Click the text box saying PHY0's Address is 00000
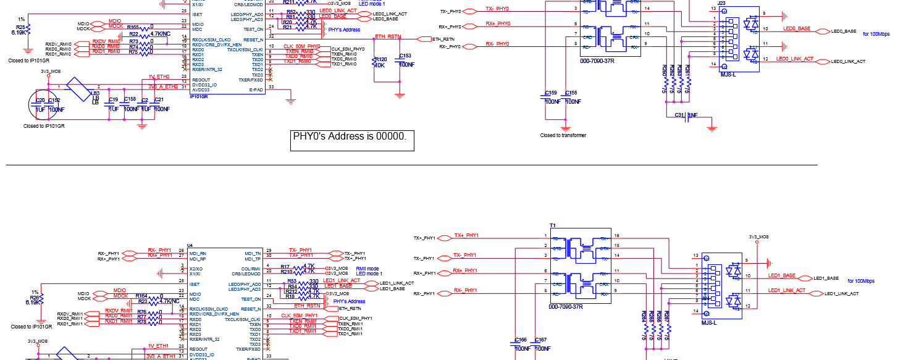click(x=352, y=136)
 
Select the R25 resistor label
click(x=20, y=27)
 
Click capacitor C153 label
click(x=406, y=56)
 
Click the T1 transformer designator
click(x=553, y=225)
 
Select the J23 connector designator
click(x=722, y=3)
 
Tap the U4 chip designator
click(x=190, y=245)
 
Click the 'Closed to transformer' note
click(x=563, y=135)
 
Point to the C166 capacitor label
click(x=521, y=340)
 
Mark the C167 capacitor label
click(x=540, y=340)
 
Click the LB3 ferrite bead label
click(x=96, y=93)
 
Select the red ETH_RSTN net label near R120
click(x=387, y=37)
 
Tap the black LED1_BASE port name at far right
click(x=826, y=278)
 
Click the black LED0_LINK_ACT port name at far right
click(x=848, y=61)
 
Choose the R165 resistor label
click(x=133, y=27)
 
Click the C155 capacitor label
click(x=571, y=93)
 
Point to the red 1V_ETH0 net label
click(x=159, y=77)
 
